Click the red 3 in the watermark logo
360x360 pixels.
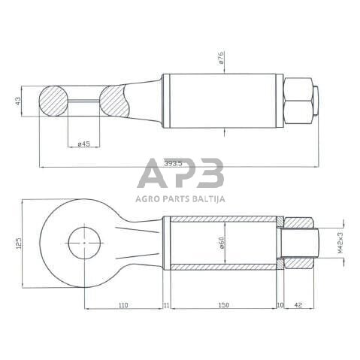pos(211,175)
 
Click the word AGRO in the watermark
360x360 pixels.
pos(147,200)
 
